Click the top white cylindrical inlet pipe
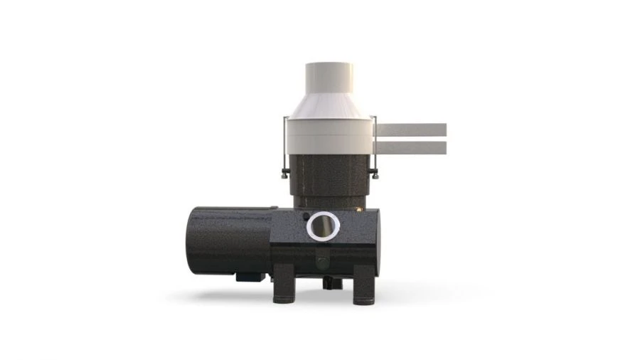pos(329,78)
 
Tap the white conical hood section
pos(329,106)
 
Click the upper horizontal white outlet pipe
pos(411,129)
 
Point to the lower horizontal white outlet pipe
pos(411,147)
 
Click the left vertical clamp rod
pos(284,145)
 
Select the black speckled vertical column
pos(329,181)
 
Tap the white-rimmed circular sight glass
pos(324,226)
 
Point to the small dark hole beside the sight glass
pos(306,216)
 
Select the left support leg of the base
pos(284,285)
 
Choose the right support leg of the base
pos(364,285)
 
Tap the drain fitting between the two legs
pos(328,282)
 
